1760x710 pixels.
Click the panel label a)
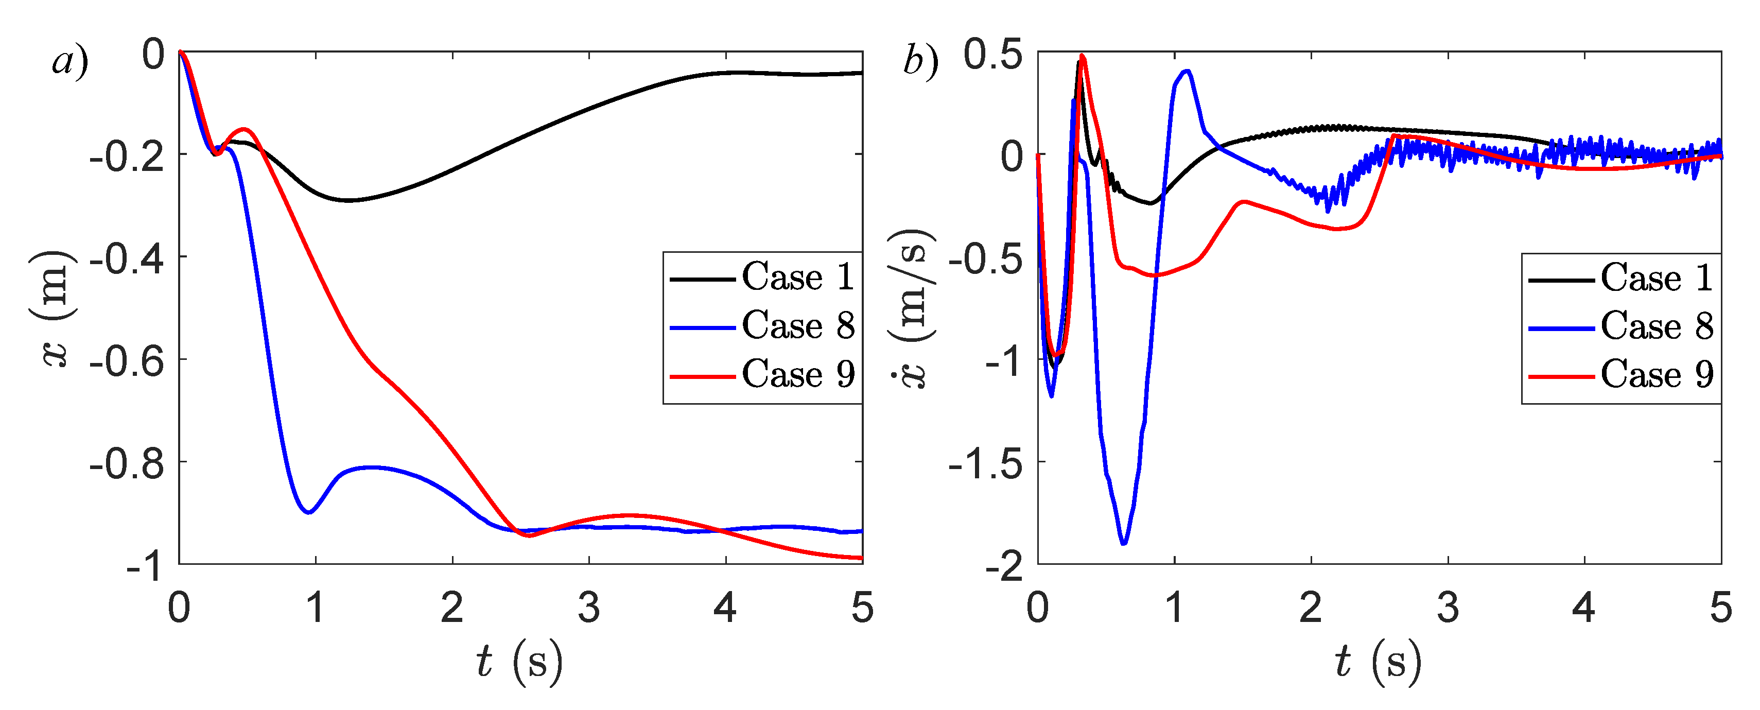click(69, 61)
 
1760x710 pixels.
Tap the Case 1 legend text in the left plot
click(797, 277)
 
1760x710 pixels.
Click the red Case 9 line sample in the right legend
click(1562, 376)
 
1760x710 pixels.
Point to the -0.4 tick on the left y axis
click(127, 259)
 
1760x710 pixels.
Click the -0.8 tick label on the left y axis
click(127, 464)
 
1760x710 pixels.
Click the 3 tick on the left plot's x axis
click(589, 607)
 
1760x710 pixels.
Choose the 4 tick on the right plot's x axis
click(1584, 607)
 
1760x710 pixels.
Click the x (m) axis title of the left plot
click(54, 308)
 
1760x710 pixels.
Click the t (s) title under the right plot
click(1378, 662)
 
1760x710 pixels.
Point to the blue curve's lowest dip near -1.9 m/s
click(1124, 543)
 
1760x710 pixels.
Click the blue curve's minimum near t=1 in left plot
click(309, 512)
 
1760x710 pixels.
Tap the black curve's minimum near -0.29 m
click(348, 200)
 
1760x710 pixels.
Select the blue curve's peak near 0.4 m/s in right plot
click(1188, 71)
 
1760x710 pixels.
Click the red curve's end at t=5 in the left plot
click(861, 558)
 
